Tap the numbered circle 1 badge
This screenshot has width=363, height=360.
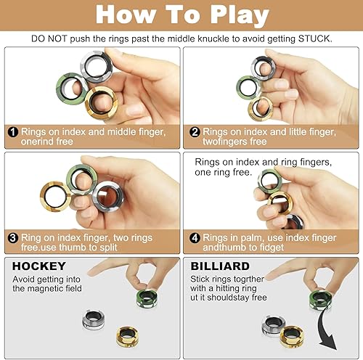click(12, 132)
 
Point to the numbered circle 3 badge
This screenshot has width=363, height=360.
click(12, 236)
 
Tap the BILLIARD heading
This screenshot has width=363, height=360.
click(220, 266)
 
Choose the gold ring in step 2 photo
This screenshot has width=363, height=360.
click(260, 107)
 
